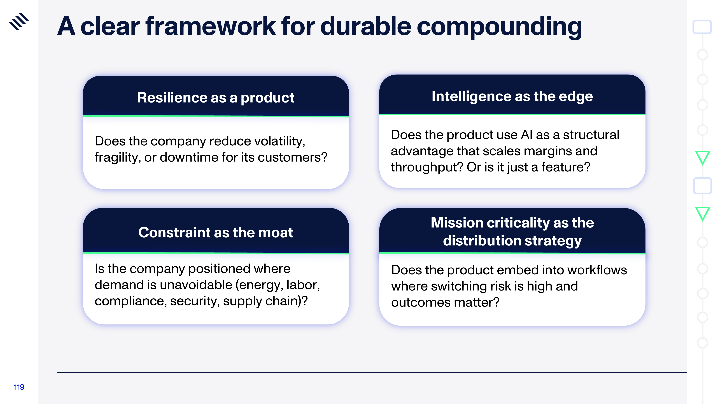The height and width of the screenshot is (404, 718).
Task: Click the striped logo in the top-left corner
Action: coord(19,21)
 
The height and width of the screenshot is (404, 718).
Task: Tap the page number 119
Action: coord(19,387)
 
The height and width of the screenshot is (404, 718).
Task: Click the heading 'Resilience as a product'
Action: coord(216,97)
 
